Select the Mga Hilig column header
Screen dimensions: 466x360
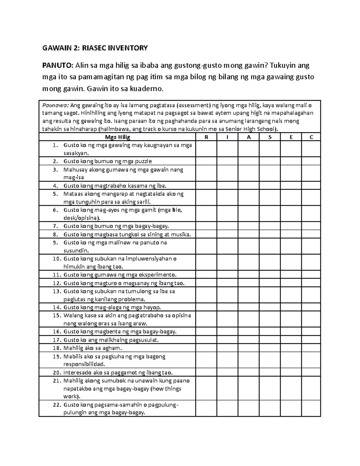click(x=118, y=137)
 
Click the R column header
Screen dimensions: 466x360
click(x=206, y=137)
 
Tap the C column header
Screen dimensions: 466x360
click(x=311, y=137)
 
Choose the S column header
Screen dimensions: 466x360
click(x=270, y=137)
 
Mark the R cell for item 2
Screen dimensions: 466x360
click(x=206, y=161)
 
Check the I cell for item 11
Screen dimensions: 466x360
click(x=227, y=275)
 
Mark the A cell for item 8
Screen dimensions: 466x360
click(x=249, y=234)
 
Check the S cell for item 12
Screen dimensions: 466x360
click(x=270, y=283)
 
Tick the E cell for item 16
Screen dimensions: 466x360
click(x=291, y=332)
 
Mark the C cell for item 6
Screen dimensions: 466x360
click(x=311, y=214)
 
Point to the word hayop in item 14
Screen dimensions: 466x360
click(x=152, y=307)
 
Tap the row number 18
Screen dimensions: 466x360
click(x=56, y=348)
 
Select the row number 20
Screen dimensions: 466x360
click(x=56, y=373)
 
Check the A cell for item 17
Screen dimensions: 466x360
click(x=249, y=340)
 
